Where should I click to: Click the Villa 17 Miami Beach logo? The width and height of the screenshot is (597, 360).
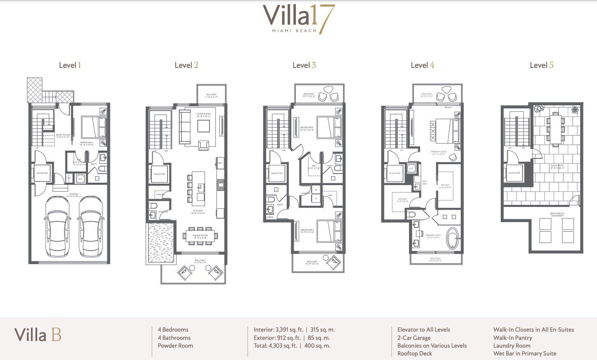tap(299, 19)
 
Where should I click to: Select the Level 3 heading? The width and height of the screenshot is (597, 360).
tap(304, 65)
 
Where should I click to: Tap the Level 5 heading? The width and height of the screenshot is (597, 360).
tap(541, 65)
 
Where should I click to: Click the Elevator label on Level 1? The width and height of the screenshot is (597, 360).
tap(42, 173)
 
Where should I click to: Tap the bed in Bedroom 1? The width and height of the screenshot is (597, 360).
tap(93, 127)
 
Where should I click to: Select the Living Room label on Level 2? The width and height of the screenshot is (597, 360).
tap(203, 115)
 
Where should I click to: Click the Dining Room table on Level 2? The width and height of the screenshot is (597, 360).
tap(200, 236)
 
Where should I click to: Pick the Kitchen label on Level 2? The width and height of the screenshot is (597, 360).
tap(198, 211)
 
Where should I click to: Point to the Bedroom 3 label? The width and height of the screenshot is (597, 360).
tap(307, 230)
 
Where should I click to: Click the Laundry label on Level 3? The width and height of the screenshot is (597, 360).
tap(305, 193)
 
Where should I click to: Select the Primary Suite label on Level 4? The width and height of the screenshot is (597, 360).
tap(439, 152)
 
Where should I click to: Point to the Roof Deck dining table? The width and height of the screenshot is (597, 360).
tap(555, 128)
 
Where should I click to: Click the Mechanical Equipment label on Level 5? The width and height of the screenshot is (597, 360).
tap(557, 214)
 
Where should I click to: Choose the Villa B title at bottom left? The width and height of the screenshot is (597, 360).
tap(38, 335)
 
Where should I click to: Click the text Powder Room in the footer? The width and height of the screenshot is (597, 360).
tap(175, 346)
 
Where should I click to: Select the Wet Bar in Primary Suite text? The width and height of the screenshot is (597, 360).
tap(525, 353)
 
